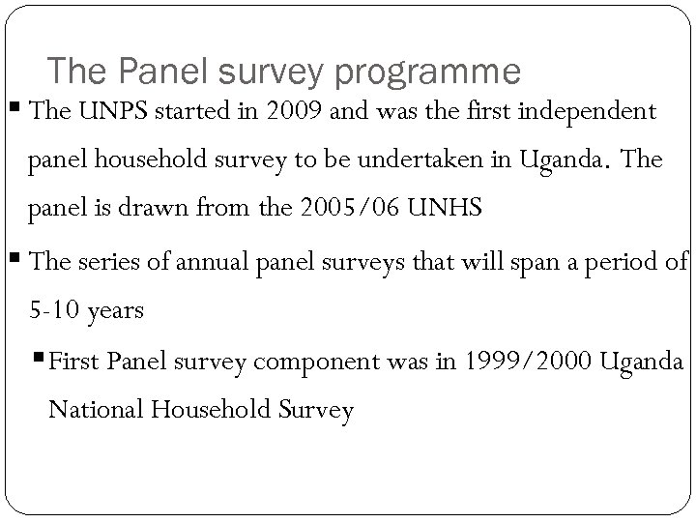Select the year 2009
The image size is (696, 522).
[x=293, y=112]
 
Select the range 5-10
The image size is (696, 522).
[x=55, y=311]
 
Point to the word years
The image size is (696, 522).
[x=116, y=311]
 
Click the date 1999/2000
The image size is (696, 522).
[x=531, y=361]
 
